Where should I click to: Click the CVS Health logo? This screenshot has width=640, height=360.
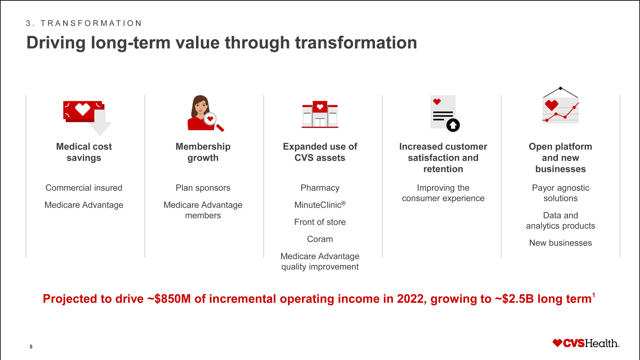[586, 343]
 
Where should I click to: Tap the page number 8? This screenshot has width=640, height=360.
[31, 346]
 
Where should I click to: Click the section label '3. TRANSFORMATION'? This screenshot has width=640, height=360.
[84, 23]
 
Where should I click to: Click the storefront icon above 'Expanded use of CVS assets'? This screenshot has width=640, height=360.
[320, 114]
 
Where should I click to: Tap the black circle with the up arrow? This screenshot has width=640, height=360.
[453, 125]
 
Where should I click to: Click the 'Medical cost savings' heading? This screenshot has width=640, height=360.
[84, 152]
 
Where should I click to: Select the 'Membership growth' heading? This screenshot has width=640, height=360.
[203, 152]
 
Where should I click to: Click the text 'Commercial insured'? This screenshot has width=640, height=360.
[84, 188]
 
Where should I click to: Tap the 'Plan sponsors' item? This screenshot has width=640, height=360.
[203, 188]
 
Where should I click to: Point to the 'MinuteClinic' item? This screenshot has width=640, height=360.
[320, 204]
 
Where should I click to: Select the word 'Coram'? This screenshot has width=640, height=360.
[320, 239]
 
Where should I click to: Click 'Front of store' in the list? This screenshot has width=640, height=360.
[320, 222]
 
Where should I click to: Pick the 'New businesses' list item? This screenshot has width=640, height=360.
[560, 243]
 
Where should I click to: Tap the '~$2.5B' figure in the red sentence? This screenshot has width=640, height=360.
[514, 299]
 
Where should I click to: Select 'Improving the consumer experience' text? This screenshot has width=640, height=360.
[443, 193]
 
